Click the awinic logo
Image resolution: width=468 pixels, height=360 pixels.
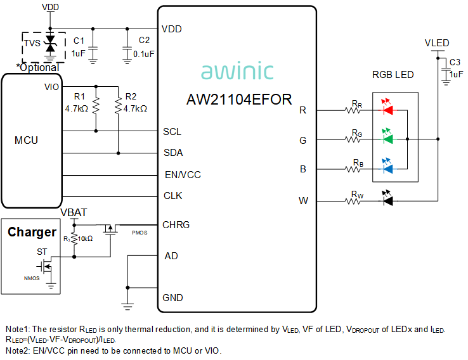pos(237,72)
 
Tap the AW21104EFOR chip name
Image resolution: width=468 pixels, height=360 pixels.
pos(239,100)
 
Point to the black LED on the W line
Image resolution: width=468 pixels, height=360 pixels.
pos(387,200)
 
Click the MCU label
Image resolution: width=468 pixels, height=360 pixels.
pos(26,140)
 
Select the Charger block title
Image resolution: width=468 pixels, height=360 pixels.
pos(32,232)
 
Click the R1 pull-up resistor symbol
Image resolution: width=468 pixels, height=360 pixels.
pos(96,106)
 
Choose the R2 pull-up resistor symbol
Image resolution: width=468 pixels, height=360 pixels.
pos(118,106)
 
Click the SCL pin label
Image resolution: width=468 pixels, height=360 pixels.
pos(172,132)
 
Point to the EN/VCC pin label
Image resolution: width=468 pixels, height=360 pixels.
pos(182,174)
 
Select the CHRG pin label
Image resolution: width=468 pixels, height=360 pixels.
pos(176,224)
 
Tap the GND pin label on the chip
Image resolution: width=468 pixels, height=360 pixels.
pos(172,297)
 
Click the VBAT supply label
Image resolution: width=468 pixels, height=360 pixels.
pos(74,212)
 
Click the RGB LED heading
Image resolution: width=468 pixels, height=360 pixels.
pos(393,75)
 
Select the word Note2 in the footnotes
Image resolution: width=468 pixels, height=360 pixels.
pos(17,350)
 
